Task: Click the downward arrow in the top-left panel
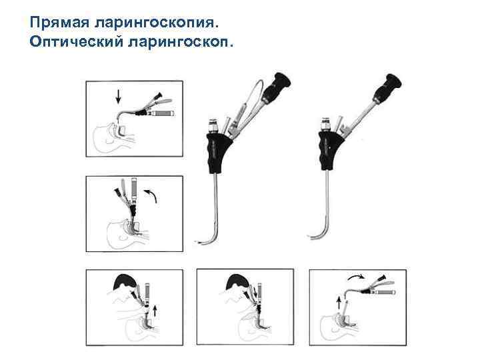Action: (x=118, y=97)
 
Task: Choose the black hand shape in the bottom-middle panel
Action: (x=236, y=283)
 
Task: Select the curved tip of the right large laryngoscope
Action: (x=313, y=234)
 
